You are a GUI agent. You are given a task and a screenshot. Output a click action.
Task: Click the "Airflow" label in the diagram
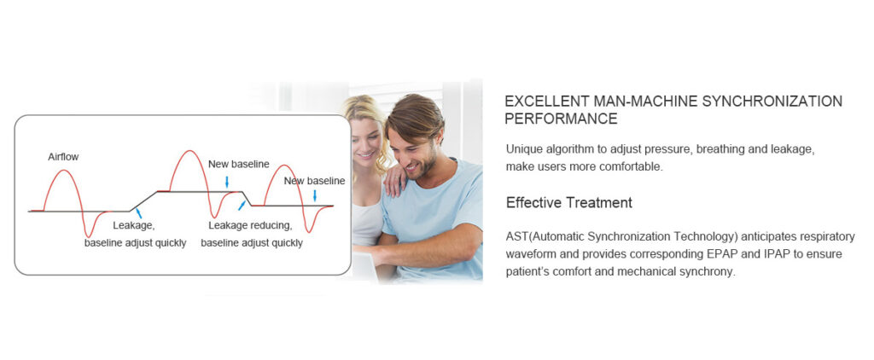pyautogui.click(x=63, y=157)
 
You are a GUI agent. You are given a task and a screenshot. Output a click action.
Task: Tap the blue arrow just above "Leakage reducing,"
pyautogui.click(x=242, y=205)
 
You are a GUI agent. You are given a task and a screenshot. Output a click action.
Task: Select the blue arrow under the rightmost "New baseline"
pyautogui.click(x=314, y=195)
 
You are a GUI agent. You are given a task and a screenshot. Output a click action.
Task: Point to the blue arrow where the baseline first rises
pyautogui.click(x=138, y=212)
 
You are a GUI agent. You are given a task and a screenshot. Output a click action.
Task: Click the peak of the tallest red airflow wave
pyautogui.click(x=190, y=150)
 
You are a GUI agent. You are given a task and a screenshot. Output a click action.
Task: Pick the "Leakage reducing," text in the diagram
pyautogui.click(x=250, y=226)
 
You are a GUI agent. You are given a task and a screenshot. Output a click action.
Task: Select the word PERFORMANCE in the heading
pyautogui.click(x=561, y=119)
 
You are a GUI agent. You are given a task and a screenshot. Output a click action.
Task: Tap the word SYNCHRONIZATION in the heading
pyautogui.click(x=772, y=102)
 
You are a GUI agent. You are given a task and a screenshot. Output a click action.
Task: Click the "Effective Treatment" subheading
pyautogui.click(x=569, y=202)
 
